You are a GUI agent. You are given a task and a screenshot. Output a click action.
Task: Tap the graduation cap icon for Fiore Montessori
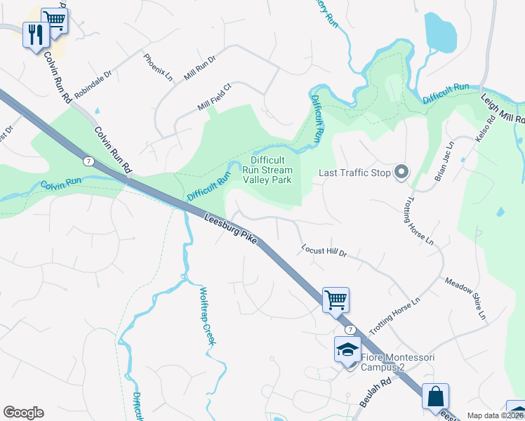click(347, 349)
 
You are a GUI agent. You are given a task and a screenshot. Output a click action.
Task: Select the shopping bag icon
click(436, 396)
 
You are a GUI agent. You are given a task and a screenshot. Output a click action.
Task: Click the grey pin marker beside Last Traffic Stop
click(401, 172)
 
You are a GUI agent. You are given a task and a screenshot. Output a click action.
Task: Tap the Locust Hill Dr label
click(324, 250)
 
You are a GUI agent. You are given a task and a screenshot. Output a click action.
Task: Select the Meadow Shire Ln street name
click(466, 299)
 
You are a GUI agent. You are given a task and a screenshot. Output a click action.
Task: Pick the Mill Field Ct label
click(214, 98)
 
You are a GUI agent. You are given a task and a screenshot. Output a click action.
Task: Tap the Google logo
click(23, 412)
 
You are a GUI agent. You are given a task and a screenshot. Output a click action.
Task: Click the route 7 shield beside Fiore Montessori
click(349, 329)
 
